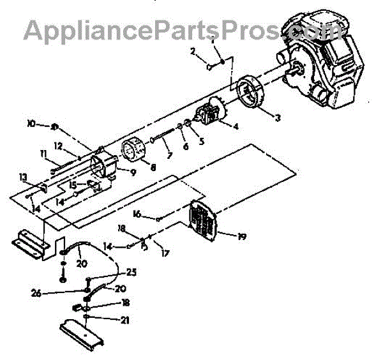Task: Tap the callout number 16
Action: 137,214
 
